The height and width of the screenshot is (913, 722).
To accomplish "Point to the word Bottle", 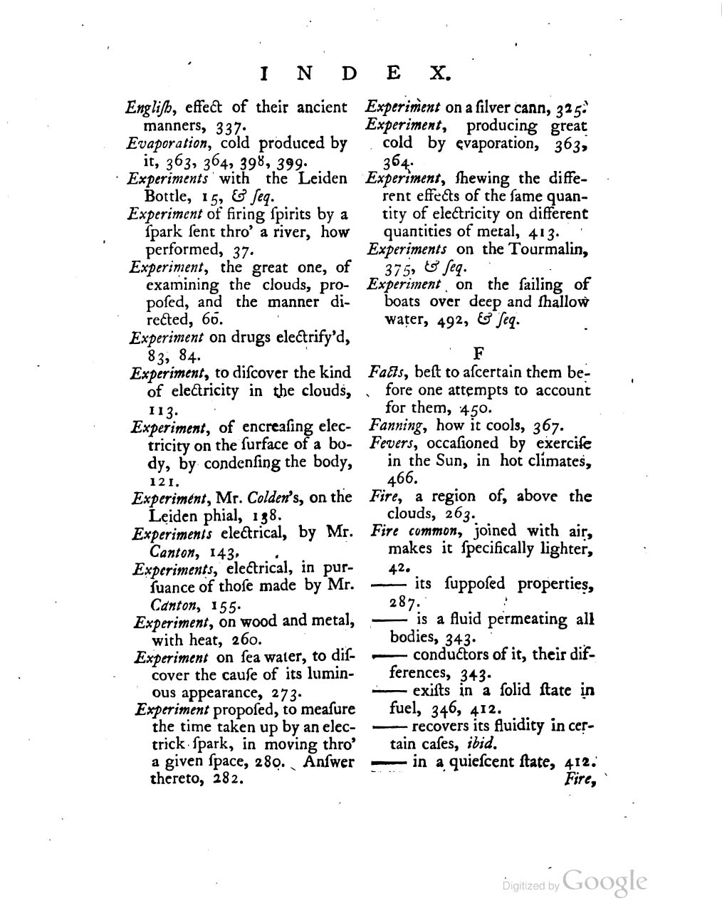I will pos(167,195).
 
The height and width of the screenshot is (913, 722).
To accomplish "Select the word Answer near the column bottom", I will pos(329,762).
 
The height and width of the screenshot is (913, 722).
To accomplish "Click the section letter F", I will pos(478,351).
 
